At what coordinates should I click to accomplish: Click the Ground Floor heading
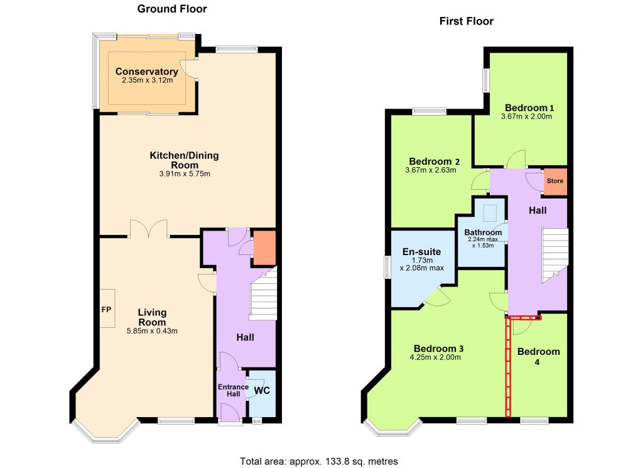coord(172,9)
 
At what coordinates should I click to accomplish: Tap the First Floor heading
coord(467,21)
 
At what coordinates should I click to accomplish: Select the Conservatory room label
coord(147,72)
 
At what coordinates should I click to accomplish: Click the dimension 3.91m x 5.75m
coord(185,174)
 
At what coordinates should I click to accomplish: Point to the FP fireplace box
coord(107,308)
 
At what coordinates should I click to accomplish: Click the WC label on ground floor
coord(262,391)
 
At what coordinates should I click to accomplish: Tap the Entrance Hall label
coord(234,391)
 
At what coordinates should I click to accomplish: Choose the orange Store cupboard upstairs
coord(555,181)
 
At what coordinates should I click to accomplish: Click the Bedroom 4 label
coord(538,356)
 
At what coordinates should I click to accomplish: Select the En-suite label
coord(421,252)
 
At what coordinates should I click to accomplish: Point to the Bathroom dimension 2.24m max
coord(483,239)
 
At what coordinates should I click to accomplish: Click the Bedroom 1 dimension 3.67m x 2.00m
coord(527,116)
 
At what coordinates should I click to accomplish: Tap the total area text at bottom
coord(318,462)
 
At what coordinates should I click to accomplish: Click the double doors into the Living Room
coord(148,229)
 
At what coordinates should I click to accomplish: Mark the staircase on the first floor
coord(555,254)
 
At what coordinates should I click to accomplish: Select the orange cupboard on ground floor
coord(264,248)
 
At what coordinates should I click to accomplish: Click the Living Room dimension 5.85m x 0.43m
coord(152,331)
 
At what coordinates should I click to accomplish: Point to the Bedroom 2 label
coord(435,161)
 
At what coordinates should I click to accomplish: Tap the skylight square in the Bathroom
coord(490,213)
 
